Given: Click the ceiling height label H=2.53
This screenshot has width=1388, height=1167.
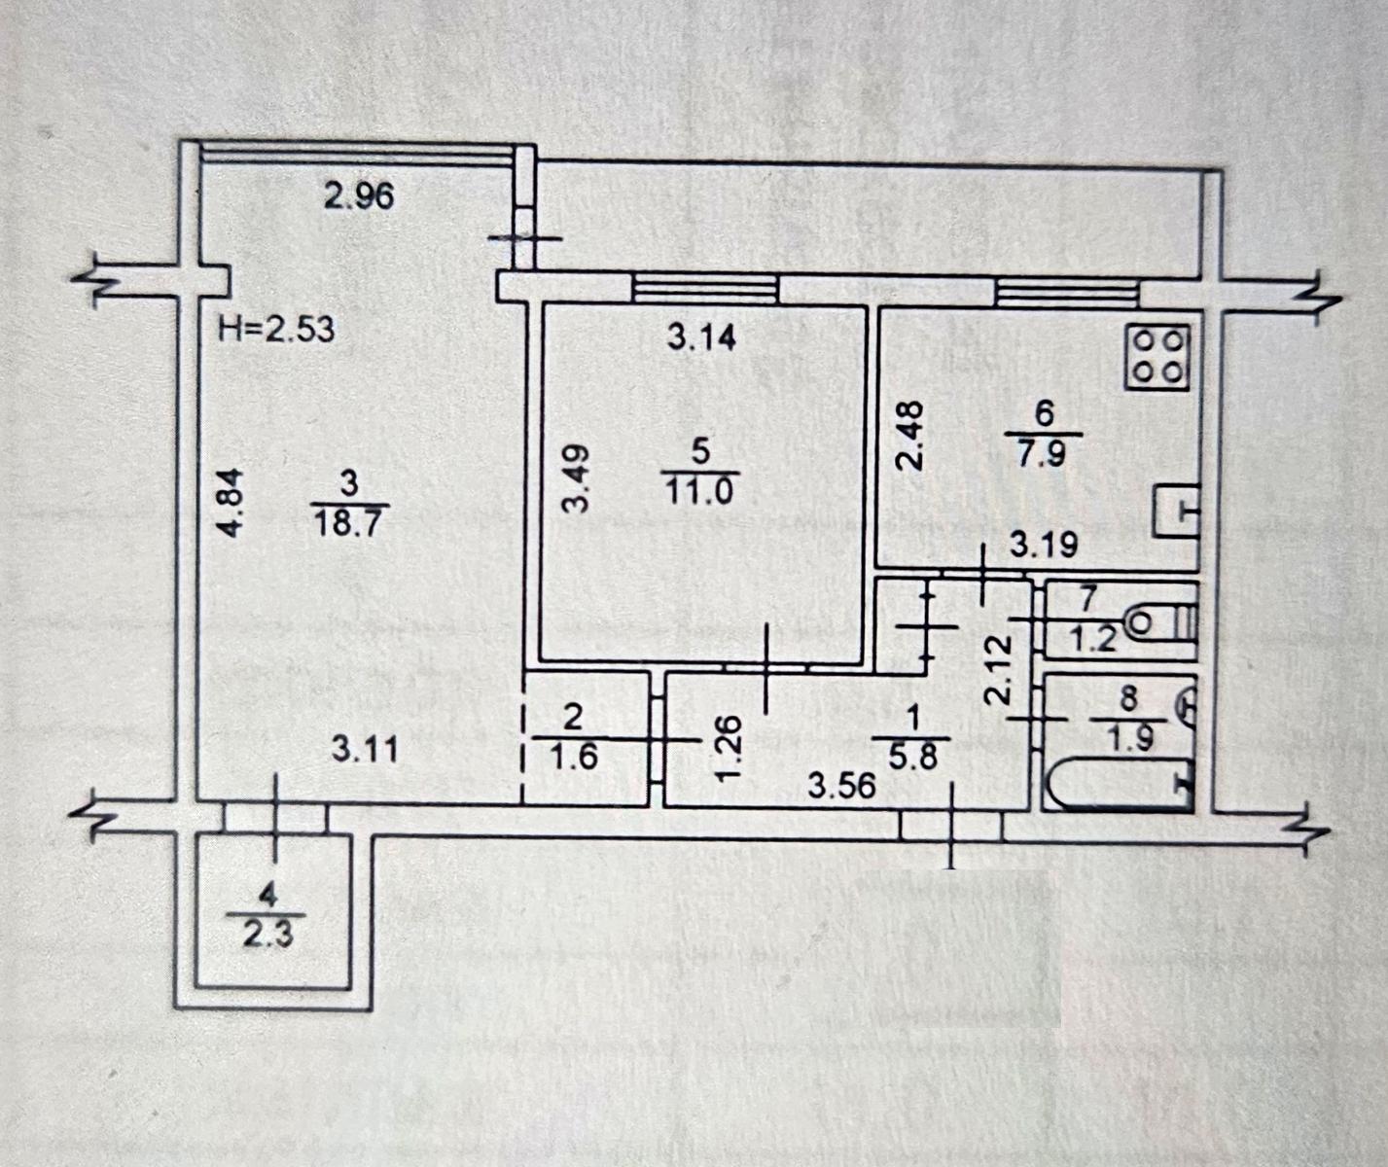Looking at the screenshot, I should pos(276,329).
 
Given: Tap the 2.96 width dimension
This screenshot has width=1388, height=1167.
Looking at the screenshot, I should pos(359,196).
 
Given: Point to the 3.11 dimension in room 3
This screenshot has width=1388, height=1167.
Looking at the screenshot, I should pos(364,749).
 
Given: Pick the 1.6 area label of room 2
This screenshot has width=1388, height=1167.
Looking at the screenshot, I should pos(574,757).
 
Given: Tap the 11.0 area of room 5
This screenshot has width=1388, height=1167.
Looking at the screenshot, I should pos(696,490).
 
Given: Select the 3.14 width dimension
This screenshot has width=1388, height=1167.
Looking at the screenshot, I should pos(701,337).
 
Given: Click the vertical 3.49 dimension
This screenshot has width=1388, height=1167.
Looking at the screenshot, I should pos(577,477).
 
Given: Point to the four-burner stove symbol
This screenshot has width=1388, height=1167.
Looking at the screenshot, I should pos(1157,355).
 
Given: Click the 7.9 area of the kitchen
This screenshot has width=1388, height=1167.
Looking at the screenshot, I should pos(1044,454).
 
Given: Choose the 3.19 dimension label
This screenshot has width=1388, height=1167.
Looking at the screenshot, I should pos(1044,545).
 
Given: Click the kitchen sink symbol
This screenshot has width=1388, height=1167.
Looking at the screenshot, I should pos(1176,511).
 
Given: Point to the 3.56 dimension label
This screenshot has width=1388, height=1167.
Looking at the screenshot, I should pos(842,784).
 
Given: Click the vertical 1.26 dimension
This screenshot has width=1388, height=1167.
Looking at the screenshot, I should pos(731,747).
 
